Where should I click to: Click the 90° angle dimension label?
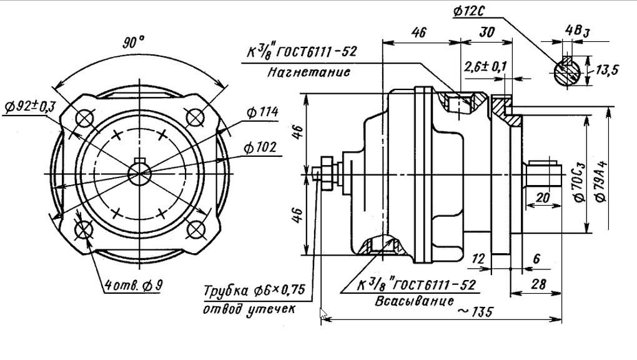coord(133,42)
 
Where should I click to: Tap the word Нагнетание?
coord(309,72)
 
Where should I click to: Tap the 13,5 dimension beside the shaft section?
coord(606,71)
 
